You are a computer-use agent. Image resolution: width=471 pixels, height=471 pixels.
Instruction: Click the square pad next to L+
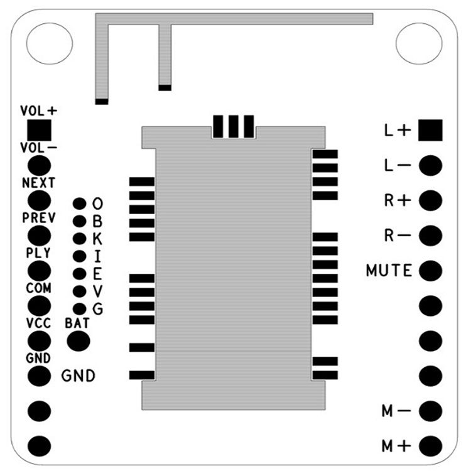[x=431, y=130]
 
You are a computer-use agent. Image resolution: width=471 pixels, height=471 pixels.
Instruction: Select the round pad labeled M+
[x=431, y=446]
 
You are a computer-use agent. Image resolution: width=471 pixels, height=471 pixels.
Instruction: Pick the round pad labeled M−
[x=431, y=411]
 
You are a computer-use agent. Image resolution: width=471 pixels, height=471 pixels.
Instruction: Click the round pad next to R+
[x=431, y=200]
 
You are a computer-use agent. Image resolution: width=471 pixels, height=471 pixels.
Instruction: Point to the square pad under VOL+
[x=39, y=131]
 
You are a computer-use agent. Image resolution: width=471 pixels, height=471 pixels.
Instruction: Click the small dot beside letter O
[x=79, y=203]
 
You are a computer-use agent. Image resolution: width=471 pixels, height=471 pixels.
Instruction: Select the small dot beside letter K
[x=79, y=239]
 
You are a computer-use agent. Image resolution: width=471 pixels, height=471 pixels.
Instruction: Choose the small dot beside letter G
[x=79, y=308]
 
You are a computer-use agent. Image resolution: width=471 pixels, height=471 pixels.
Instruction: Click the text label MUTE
[x=389, y=271]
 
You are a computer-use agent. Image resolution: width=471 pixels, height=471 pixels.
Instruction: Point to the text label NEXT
[x=38, y=183]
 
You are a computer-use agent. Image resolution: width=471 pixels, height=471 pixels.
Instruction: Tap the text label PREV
[x=38, y=218]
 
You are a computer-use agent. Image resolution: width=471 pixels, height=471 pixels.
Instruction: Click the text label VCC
[x=38, y=323]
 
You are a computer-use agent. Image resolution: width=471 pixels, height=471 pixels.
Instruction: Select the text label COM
[x=38, y=288]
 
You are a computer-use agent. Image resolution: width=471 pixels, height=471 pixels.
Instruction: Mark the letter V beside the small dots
[x=97, y=291]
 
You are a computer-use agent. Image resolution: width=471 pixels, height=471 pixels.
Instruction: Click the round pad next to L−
[x=431, y=166]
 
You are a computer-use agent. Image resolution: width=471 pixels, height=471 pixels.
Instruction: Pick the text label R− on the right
[x=397, y=236]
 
